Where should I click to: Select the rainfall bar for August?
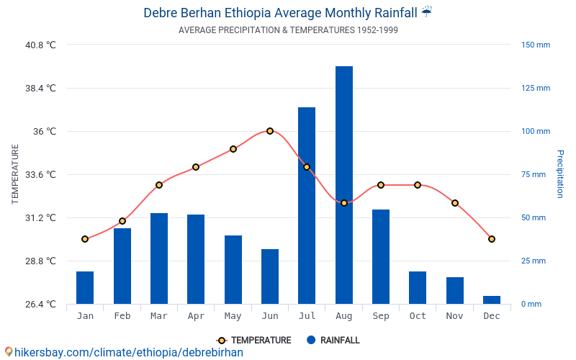(x=344, y=185)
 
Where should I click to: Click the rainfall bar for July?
(x=307, y=205)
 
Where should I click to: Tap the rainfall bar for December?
(x=492, y=300)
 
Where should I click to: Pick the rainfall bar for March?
(x=159, y=258)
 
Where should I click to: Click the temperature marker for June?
(x=270, y=131)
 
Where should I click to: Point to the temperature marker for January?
(x=85, y=239)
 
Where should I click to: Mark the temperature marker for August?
(x=344, y=203)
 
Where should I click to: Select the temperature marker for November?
(x=455, y=203)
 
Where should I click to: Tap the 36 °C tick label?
(x=42, y=131)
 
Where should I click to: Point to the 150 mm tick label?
(x=536, y=45)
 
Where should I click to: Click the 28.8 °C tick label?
(x=40, y=261)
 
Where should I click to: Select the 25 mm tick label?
(x=536, y=261)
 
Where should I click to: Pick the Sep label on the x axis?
(x=381, y=316)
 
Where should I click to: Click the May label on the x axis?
(x=233, y=316)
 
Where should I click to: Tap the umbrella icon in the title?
(x=427, y=12)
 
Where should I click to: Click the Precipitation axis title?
(x=559, y=174)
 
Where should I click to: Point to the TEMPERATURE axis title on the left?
(x=15, y=174)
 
